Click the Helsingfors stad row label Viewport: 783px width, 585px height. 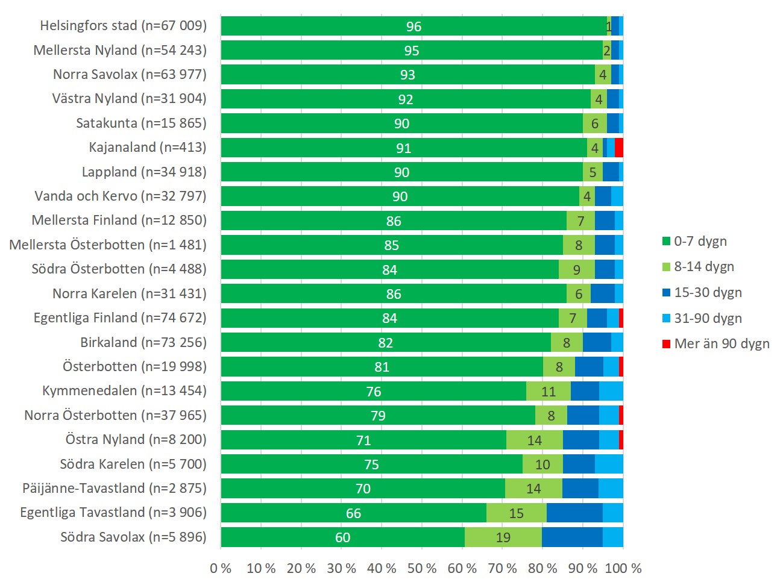123,26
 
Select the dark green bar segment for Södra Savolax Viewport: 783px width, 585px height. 342,537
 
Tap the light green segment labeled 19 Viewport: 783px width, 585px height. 503,537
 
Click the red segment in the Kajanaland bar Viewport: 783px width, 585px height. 619,148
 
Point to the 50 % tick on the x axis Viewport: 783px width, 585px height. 422,568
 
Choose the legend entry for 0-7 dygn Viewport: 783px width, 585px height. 699,242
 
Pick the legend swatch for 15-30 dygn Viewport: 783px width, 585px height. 667,293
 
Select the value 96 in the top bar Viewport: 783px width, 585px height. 414,27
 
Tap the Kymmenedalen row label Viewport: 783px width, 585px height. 124,391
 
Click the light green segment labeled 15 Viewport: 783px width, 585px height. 517,513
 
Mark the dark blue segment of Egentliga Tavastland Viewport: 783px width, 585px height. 574,513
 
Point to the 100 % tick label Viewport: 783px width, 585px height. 623,568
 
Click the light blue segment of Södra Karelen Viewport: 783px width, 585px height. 609,465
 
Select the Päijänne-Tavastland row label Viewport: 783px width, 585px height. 115,489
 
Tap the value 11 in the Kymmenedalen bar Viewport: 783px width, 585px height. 549,392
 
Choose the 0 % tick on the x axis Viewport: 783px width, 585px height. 221,568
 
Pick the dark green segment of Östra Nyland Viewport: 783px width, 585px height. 363,440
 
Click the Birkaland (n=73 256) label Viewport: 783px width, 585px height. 143,343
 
